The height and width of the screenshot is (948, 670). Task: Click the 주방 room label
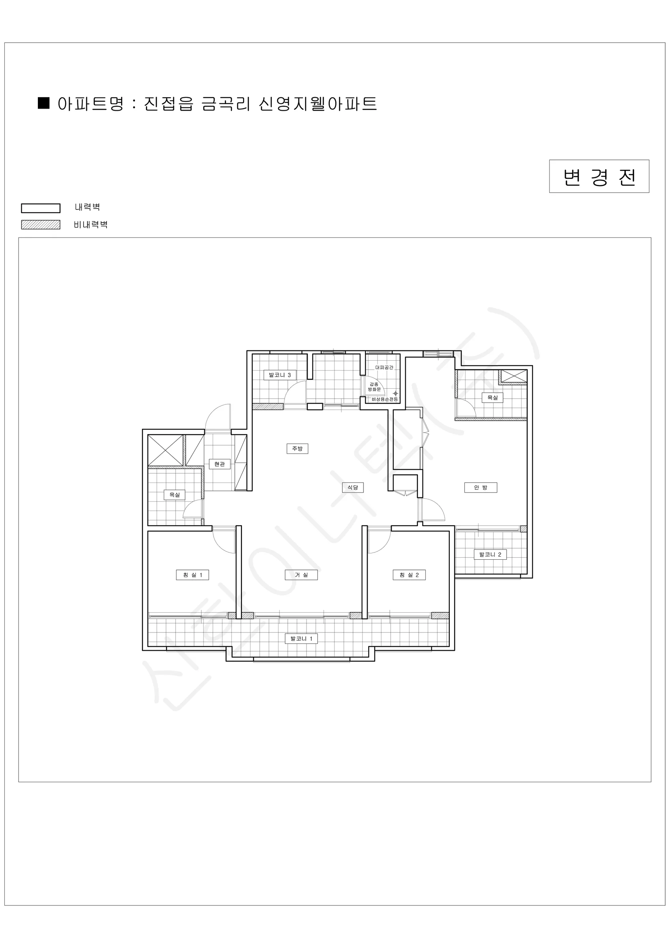[297, 448]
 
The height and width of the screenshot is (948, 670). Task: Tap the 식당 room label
[353, 487]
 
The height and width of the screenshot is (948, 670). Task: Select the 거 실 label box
[301, 575]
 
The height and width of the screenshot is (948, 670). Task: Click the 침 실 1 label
[192, 575]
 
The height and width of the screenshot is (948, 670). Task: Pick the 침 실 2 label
[409, 575]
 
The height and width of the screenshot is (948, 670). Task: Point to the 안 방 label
[480, 487]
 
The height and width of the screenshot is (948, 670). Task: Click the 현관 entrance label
[219, 464]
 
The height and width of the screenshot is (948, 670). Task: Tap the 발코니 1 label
[301, 638]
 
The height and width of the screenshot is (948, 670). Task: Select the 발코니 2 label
[490, 554]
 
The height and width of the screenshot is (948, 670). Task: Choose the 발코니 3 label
[280, 375]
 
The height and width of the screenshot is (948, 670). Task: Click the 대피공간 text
[384, 367]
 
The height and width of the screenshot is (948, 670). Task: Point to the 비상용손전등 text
[384, 399]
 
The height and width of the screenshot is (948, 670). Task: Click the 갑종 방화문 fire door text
[374, 387]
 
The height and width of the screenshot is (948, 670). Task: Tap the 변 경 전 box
[599, 176]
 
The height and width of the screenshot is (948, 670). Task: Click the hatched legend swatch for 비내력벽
[40, 225]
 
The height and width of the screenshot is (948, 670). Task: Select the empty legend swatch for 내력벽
[40, 208]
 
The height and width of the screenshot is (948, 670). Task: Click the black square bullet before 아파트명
[44, 103]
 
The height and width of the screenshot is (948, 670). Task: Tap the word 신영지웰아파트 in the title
[318, 103]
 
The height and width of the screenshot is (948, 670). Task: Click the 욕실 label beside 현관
[174, 495]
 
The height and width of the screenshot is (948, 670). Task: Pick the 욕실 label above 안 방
[492, 398]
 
